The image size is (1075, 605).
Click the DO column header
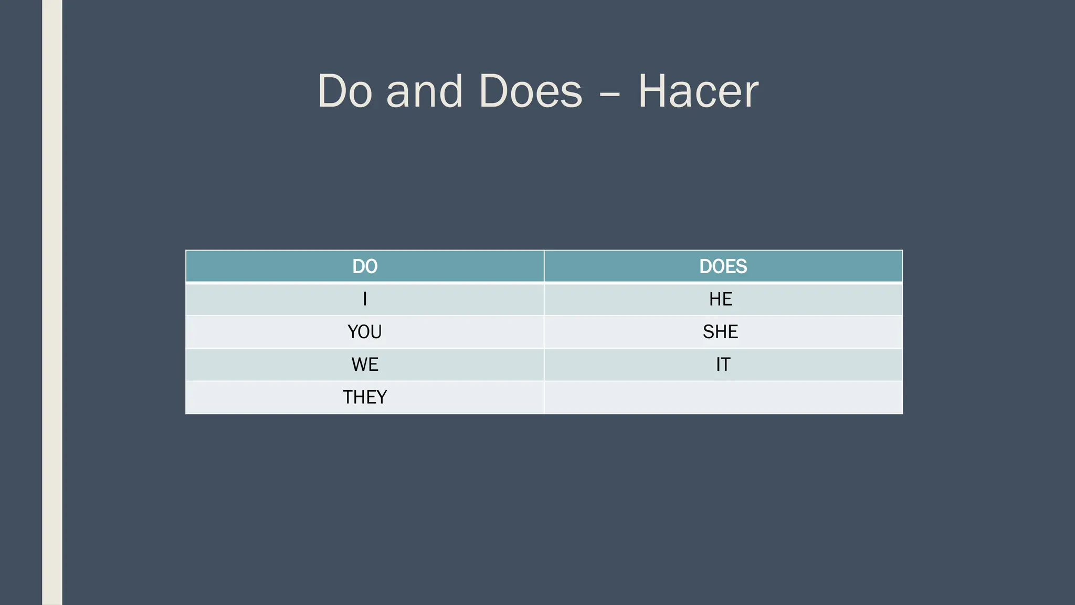click(x=365, y=266)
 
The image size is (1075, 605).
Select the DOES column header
click(x=723, y=266)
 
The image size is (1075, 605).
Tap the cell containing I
click(x=365, y=299)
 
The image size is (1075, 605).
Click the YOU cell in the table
click(x=365, y=332)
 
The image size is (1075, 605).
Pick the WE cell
click(x=365, y=364)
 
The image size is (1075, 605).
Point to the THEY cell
click(x=365, y=397)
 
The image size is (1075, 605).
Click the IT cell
click(x=723, y=364)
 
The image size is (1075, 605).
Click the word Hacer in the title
click(x=698, y=91)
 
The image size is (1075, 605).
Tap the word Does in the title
click(x=530, y=91)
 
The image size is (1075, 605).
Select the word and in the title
click(x=424, y=91)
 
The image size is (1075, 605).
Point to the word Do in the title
click(x=345, y=91)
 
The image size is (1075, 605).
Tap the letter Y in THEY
click(x=382, y=397)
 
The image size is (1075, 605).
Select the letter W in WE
click(x=360, y=364)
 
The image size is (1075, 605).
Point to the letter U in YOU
click(x=376, y=332)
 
